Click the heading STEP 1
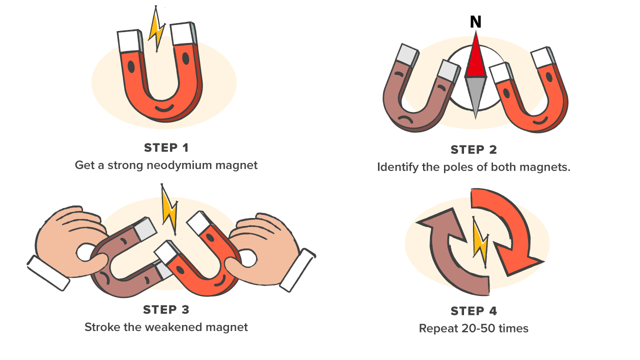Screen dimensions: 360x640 (x=166, y=148)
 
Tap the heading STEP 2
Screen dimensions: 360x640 (x=473, y=150)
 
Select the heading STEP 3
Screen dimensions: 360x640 (x=166, y=310)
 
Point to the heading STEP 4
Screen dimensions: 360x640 (x=473, y=311)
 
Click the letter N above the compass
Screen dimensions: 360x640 (x=475, y=22)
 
